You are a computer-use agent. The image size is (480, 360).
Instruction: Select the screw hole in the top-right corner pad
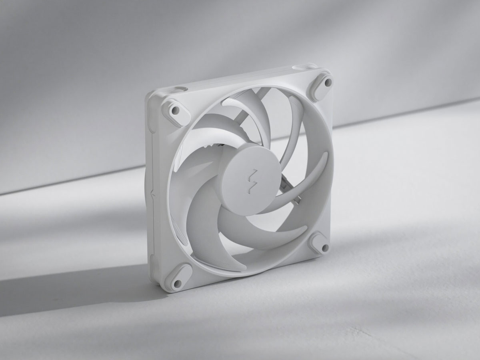[x=328, y=82]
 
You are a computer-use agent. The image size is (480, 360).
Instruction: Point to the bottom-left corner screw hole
[x=176, y=284]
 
